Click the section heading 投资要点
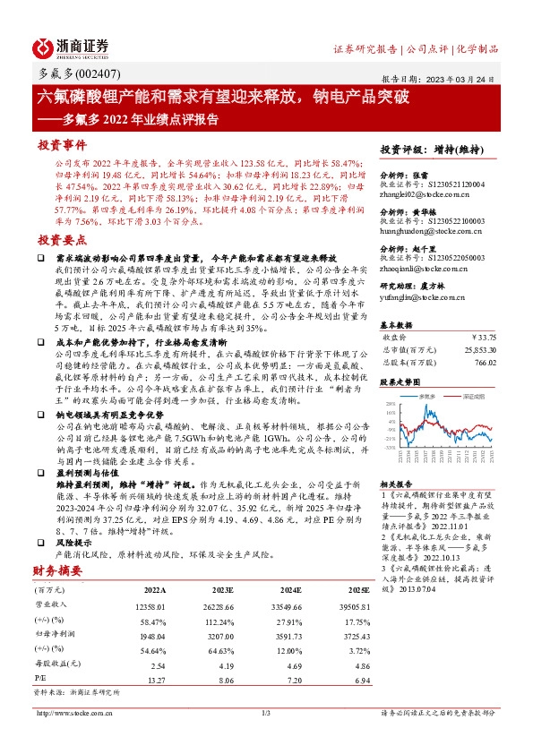[62, 240]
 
